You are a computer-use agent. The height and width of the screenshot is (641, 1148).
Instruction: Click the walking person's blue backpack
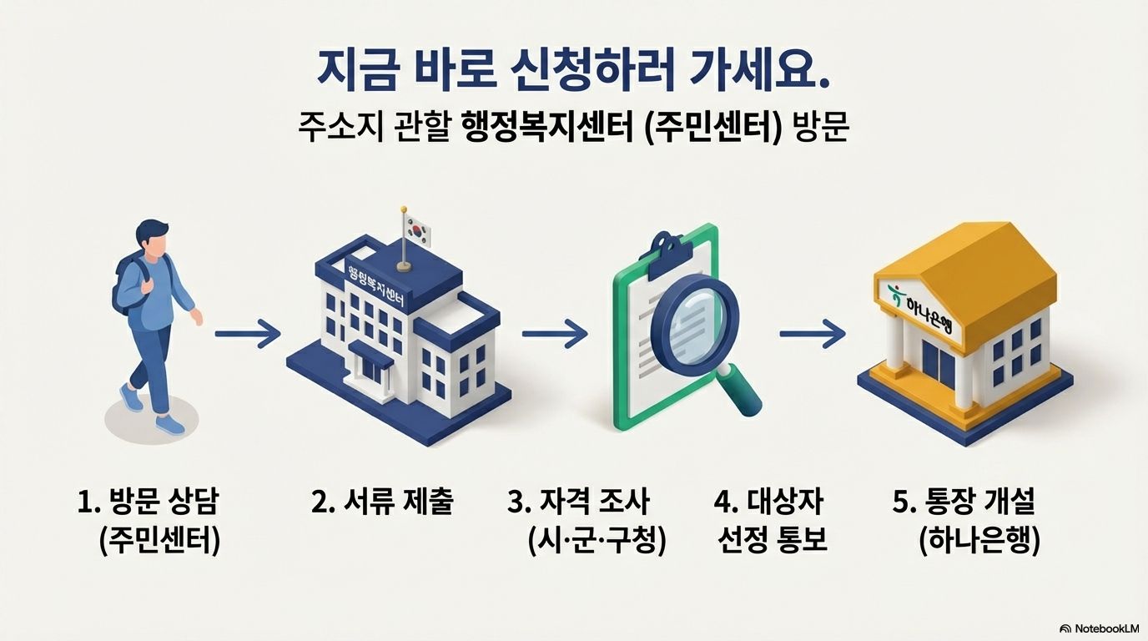click(125, 284)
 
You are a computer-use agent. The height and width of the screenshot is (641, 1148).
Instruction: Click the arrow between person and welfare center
click(247, 336)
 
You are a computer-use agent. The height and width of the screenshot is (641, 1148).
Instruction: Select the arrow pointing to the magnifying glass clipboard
click(555, 336)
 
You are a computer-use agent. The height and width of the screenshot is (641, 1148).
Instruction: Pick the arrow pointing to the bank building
click(812, 336)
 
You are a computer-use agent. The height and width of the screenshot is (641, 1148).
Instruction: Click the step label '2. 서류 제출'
click(382, 503)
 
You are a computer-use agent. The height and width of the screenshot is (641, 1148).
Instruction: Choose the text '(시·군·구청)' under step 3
click(597, 542)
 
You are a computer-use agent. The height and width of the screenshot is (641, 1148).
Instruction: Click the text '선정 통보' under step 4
click(772, 542)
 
